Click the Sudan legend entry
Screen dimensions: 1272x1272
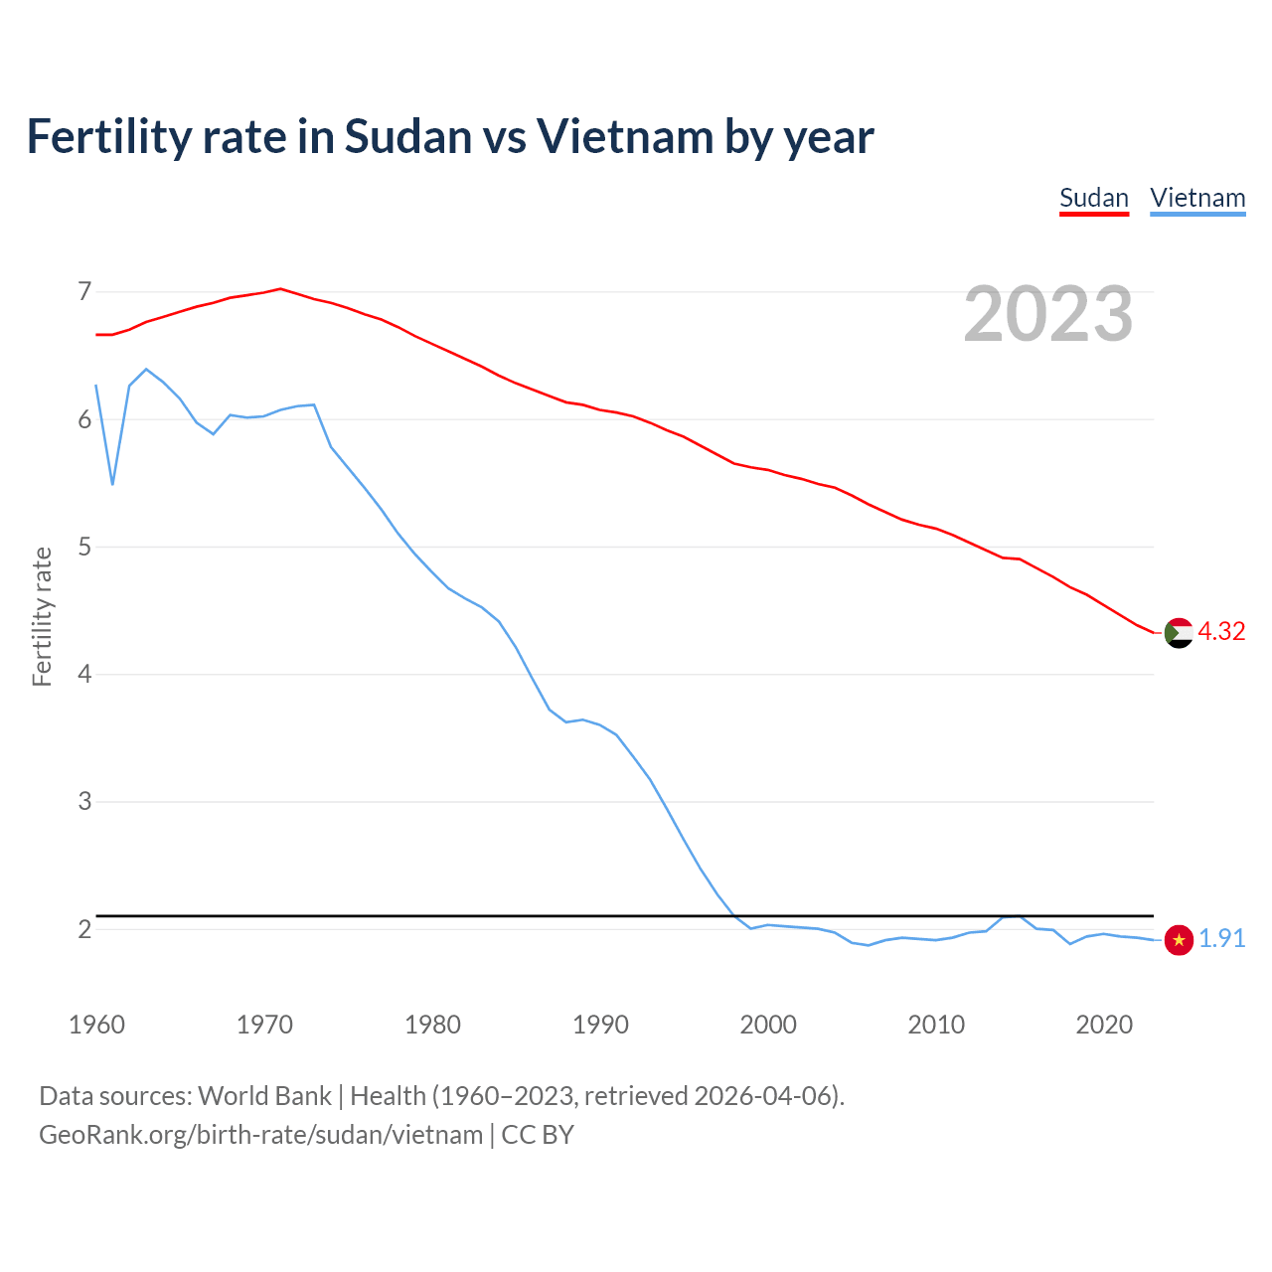(1094, 198)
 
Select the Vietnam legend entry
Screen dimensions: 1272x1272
(1197, 198)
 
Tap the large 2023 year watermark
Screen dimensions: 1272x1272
(1048, 314)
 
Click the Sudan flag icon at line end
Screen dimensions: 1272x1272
(1179, 633)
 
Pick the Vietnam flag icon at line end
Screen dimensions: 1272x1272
(1179, 939)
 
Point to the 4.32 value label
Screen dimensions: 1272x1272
(1221, 632)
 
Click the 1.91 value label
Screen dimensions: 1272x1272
(1221, 939)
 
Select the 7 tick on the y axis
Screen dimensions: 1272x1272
(84, 292)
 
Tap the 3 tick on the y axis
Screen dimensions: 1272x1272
(84, 802)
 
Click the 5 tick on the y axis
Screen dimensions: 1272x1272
(84, 548)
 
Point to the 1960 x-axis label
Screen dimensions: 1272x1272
(96, 1025)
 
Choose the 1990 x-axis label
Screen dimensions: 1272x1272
(600, 1025)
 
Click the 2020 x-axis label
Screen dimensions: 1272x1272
(1104, 1025)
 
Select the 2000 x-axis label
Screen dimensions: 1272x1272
(768, 1025)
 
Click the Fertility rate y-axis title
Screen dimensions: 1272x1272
(42, 616)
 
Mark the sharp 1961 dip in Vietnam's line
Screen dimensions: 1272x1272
(113, 484)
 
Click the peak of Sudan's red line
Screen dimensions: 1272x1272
(280, 289)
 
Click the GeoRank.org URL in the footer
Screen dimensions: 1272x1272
(260, 1135)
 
